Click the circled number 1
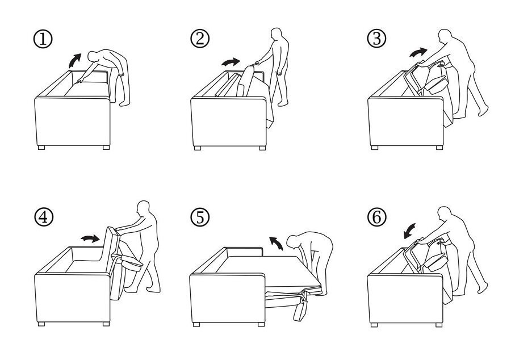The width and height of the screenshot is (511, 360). click(x=43, y=39)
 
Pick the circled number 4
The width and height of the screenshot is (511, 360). click(x=43, y=217)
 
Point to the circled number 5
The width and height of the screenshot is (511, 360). click(x=200, y=217)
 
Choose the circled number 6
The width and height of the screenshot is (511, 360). click(x=376, y=217)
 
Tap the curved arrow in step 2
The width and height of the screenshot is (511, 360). click(x=231, y=62)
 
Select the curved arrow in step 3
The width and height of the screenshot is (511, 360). click(x=418, y=52)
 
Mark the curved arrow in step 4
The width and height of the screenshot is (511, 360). click(x=90, y=238)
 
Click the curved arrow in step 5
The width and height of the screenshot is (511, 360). click(x=276, y=243)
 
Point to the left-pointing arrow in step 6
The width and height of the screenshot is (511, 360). click(x=409, y=231)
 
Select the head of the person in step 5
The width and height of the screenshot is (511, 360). click(x=292, y=241)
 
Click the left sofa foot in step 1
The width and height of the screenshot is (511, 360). click(x=41, y=148)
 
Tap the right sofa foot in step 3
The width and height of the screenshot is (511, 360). click(x=439, y=148)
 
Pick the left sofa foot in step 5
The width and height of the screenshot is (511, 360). click(x=196, y=324)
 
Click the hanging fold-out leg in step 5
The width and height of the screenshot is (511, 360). click(x=300, y=309)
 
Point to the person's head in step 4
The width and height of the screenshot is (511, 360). click(x=144, y=207)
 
